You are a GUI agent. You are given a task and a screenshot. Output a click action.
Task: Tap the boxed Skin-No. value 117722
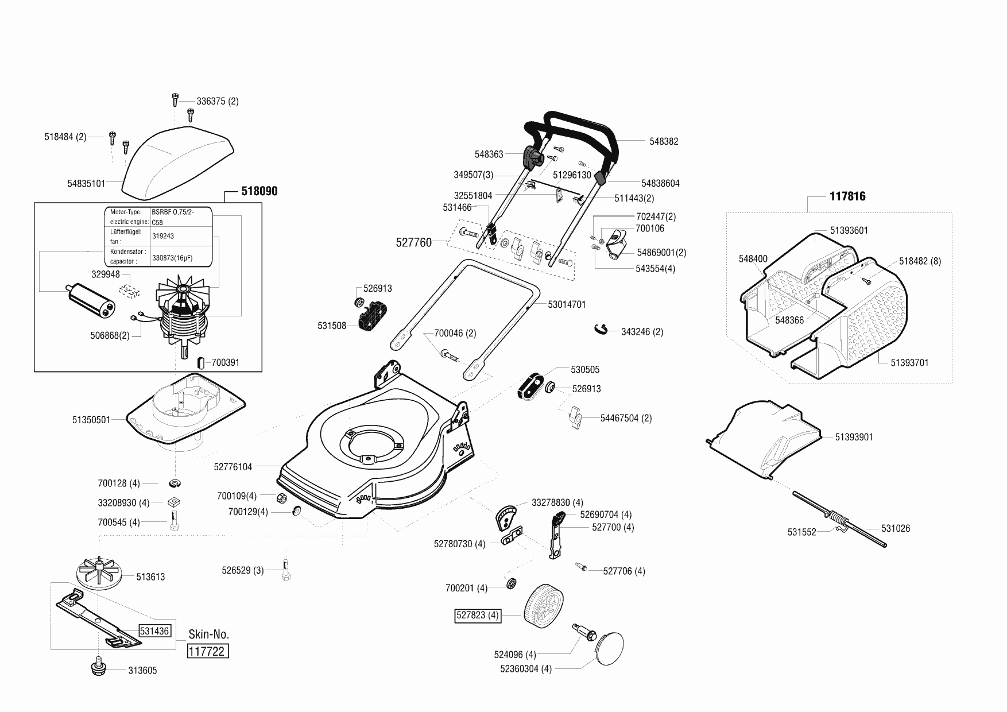pyautogui.click(x=208, y=652)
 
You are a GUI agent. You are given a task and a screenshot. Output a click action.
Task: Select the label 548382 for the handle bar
pyautogui.click(x=664, y=141)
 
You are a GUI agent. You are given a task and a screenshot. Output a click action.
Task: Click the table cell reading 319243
pyautogui.click(x=163, y=236)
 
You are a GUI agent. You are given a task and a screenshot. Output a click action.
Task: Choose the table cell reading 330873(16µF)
pyautogui.click(x=172, y=258)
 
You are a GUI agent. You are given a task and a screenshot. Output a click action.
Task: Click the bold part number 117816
pyautogui.click(x=847, y=196)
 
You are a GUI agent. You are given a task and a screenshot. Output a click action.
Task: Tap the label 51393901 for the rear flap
pyautogui.click(x=854, y=437)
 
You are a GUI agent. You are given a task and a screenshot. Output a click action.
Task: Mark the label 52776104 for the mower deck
pyautogui.click(x=233, y=467)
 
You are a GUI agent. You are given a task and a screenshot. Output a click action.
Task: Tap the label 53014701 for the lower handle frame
pyautogui.click(x=567, y=304)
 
